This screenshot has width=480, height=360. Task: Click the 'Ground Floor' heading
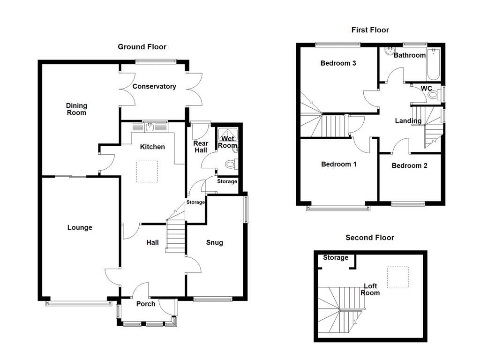[142, 47]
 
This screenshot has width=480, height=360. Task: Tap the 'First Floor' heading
[370, 30]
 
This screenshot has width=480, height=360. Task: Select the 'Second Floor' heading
[369, 238]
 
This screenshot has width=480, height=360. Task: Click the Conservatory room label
[154, 86]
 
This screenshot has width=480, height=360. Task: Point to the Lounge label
[80, 228]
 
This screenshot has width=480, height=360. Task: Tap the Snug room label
[214, 242]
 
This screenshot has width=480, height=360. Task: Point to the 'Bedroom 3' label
[338, 63]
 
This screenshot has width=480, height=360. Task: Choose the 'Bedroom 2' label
[409, 165]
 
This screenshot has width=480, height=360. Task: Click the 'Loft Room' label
[370, 289]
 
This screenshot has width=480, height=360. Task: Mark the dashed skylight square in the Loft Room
[397, 277]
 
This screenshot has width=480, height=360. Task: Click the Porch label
[145, 304]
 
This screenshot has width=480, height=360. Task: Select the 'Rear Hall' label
[200, 146]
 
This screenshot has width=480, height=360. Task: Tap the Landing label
[408, 121]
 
